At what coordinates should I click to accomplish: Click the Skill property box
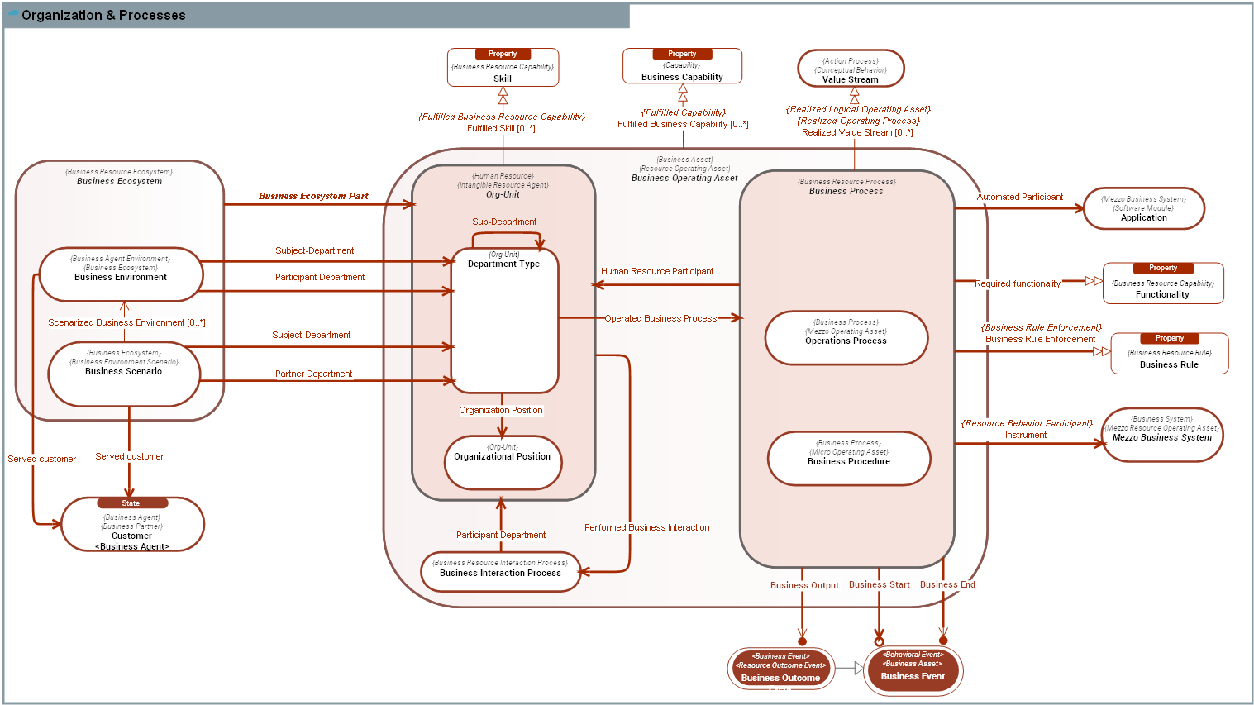coord(503,68)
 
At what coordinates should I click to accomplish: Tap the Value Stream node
coord(851,69)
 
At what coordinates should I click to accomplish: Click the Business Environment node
coord(121,274)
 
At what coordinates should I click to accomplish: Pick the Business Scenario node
coord(124,374)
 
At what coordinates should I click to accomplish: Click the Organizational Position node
coord(503,462)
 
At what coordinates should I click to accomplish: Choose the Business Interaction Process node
coord(500,572)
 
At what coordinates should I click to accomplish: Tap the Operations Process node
coord(846,338)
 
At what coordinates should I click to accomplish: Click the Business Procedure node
coord(849,459)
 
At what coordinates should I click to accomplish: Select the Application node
coord(1144,208)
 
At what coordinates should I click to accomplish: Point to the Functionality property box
coord(1162,284)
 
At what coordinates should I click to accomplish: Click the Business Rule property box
coord(1169,354)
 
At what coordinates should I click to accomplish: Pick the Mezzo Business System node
coord(1161,435)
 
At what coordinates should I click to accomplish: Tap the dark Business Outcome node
coord(780,669)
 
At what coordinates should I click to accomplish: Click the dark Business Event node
coord(913,669)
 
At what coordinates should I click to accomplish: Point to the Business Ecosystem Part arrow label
coord(313,196)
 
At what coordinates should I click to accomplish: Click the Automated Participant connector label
coord(1019,197)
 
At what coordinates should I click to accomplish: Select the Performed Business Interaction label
coord(646,527)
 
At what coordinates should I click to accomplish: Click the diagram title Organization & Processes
coord(103,15)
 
